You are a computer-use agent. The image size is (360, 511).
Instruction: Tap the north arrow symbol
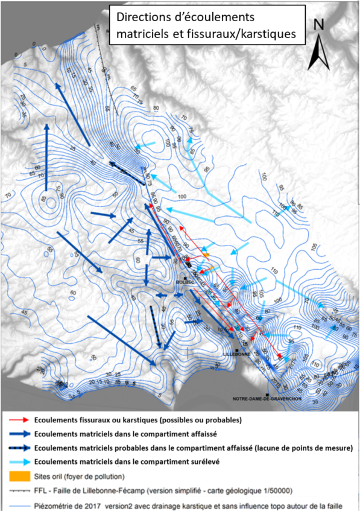click(319, 51)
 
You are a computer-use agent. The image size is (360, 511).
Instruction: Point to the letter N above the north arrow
click(320, 25)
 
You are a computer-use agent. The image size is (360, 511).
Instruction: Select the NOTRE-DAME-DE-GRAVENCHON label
click(268, 399)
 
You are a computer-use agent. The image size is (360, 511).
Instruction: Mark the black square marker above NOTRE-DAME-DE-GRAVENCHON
click(266, 395)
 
